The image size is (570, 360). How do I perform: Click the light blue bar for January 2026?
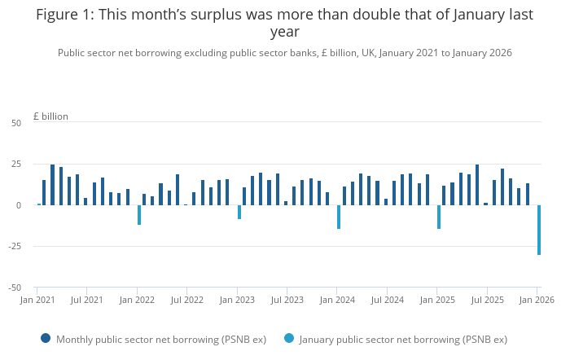(x=539, y=230)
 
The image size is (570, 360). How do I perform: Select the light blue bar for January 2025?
(x=439, y=217)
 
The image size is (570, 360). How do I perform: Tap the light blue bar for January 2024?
(x=339, y=217)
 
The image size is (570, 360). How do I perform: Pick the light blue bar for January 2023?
(x=239, y=212)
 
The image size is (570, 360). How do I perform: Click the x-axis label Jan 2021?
(x=37, y=301)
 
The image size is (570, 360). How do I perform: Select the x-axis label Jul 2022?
(x=186, y=301)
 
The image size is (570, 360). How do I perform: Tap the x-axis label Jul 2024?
(x=387, y=301)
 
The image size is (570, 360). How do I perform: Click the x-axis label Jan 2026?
(x=536, y=301)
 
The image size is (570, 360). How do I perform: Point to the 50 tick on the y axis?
(x=16, y=123)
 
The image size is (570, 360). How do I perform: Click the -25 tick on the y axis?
(x=15, y=246)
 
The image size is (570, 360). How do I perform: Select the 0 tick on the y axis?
(x=19, y=205)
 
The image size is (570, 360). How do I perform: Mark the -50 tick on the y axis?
(x=15, y=288)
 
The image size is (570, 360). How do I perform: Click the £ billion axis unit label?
(x=50, y=116)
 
